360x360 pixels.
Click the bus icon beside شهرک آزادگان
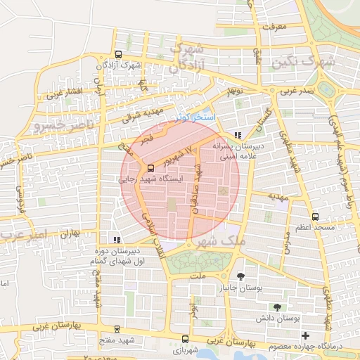pos(118,54)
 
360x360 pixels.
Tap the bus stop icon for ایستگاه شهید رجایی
pos(150,168)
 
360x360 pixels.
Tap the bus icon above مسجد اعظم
pos(315,217)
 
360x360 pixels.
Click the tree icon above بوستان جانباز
pos(241,276)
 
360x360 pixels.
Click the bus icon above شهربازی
pos(185,338)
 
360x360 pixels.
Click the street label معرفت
pos(276,26)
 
